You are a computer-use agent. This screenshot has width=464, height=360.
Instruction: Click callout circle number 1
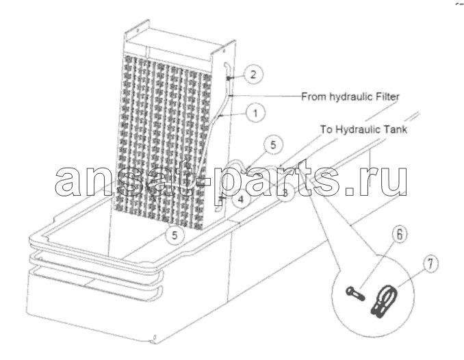coord(255,112)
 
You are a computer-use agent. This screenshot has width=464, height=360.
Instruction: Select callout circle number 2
coord(253,74)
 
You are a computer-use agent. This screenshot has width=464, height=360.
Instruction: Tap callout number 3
coord(285,193)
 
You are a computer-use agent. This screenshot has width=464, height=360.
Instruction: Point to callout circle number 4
coord(241,199)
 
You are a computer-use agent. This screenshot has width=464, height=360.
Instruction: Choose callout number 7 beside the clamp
coord(430,263)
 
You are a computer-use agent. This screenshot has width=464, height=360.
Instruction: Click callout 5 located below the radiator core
coord(175,235)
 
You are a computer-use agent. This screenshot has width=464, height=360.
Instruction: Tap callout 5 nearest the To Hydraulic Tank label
coord(273,145)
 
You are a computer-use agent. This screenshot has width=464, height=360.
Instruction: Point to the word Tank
coord(395,129)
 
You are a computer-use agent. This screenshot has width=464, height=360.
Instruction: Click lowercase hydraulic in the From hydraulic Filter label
coord(351,97)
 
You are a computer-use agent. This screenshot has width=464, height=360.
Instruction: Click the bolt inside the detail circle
coord(355,294)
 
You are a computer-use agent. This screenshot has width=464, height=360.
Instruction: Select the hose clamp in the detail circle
coord(384,302)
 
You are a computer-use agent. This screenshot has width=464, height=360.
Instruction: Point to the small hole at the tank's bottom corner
coord(155,337)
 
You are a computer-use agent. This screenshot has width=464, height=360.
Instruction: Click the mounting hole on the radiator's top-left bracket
coord(137,29)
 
